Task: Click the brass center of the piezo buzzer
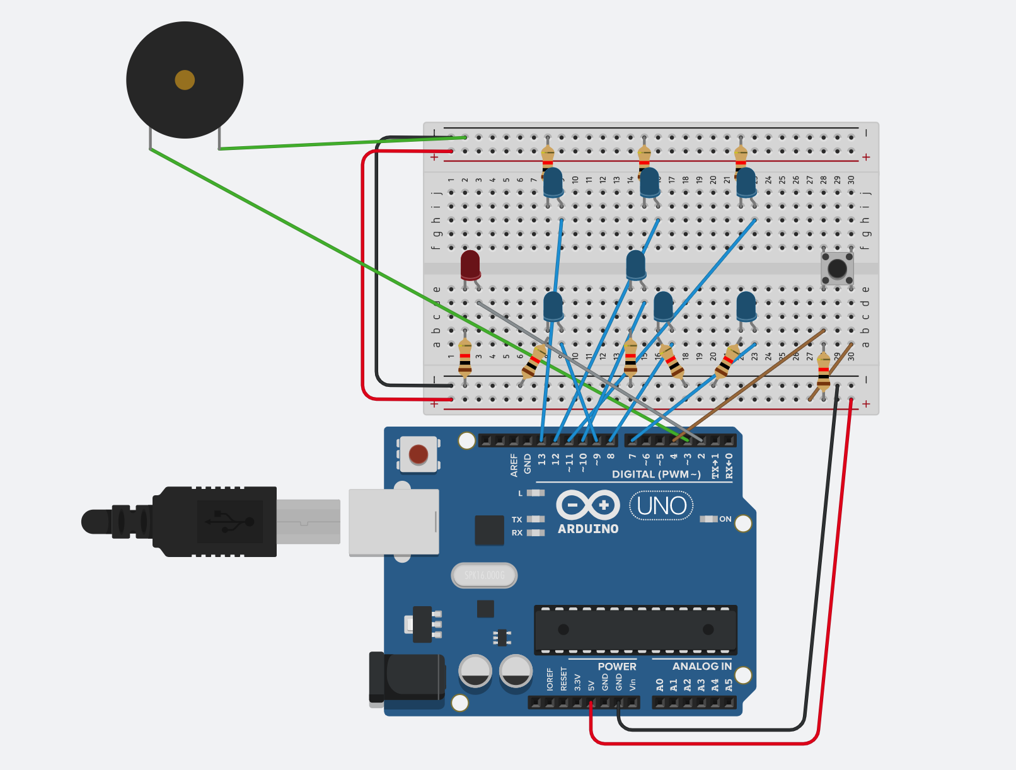185,80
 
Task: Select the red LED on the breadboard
470,265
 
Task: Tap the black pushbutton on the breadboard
837,268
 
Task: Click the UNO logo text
661,506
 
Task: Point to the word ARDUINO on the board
588,529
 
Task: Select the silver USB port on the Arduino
394,522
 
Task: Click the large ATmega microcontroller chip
635,629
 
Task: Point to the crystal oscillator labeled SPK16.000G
484,575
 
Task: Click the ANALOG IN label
701,666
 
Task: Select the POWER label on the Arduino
616,666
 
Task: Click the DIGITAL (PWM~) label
655,474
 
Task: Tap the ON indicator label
725,519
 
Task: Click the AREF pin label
514,464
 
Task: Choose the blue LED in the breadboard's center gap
636,265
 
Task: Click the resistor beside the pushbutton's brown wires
823,372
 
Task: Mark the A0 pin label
660,684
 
